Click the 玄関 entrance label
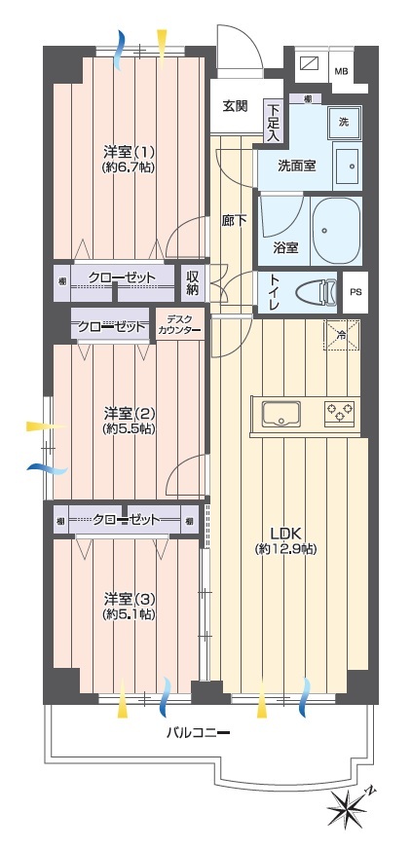pyautogui.click(x=235, y=106)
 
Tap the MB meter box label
pyautogui.click(x=341, y=71)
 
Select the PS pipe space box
pyautogui.click(x=355, y=292)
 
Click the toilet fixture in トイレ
pyautogui.click(x=316, y=292)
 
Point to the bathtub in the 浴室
pyautogui.click(x=337, y=230)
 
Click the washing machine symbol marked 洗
pyautogui.click(x=344, y=123)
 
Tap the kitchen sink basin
pyautogui.click(x=281, y=414)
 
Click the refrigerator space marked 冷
pyautogui.click(x=342, y=336)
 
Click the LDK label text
pyautogui.click(x=284, y=533)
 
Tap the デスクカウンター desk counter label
pyautogui.click(x=179, y=324)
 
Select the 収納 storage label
pyautogui.click(x=194, y=283)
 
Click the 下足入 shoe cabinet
pyautogui.click(x=273, y=123)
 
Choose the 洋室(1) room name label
pyautogui.click(x=129, y=149)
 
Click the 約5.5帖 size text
pyautogui.click(x=129, y=428)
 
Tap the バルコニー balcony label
pyautogui.click(x=198, y=733)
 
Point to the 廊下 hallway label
pyautogui.click(x=234, y=220)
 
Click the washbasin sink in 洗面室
pyautogui.click(x=347, y=166)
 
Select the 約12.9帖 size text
pyautogui.click(x=285, y=548)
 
